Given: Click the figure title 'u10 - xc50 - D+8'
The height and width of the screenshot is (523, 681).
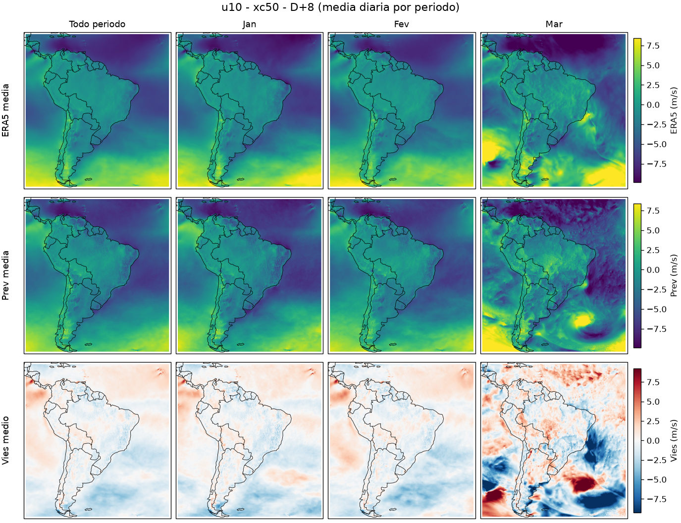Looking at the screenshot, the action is (x=267, y=7).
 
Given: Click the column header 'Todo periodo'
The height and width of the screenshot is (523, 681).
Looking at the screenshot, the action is (x=97, y=24).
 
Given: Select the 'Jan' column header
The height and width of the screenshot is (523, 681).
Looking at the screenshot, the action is (x=250, y=24).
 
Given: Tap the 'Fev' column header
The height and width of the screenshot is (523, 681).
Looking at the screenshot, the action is (x=402, y=24).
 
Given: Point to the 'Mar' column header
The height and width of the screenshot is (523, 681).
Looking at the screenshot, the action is (x=554, y=24).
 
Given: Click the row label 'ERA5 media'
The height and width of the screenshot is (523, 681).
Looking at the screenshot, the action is (x=5, y=110).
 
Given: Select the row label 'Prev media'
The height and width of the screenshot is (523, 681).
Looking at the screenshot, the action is (x=5, y=275).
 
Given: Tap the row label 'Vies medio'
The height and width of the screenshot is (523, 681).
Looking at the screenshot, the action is (x=5, y=440).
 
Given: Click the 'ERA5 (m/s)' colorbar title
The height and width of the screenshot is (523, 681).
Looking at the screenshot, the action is (x=674, y=110).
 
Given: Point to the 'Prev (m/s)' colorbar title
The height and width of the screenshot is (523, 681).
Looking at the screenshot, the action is (x=674, y=275).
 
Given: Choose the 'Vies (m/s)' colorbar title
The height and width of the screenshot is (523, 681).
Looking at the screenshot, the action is (x=674, y=440).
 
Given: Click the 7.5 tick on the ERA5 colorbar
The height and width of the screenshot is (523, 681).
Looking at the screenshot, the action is (x=653, y=46).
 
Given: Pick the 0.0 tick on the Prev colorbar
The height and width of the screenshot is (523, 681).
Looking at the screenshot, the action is (x=653, y=270).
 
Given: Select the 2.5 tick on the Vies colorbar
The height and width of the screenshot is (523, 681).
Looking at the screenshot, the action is (x=653, y=421).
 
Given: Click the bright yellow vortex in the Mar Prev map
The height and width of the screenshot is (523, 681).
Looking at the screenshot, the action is (x=581, y=320).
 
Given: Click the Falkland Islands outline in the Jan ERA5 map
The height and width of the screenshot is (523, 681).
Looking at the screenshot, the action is (x=241, y=179).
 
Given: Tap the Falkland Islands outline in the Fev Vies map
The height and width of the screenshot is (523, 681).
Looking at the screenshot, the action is (x=393, y=509).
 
